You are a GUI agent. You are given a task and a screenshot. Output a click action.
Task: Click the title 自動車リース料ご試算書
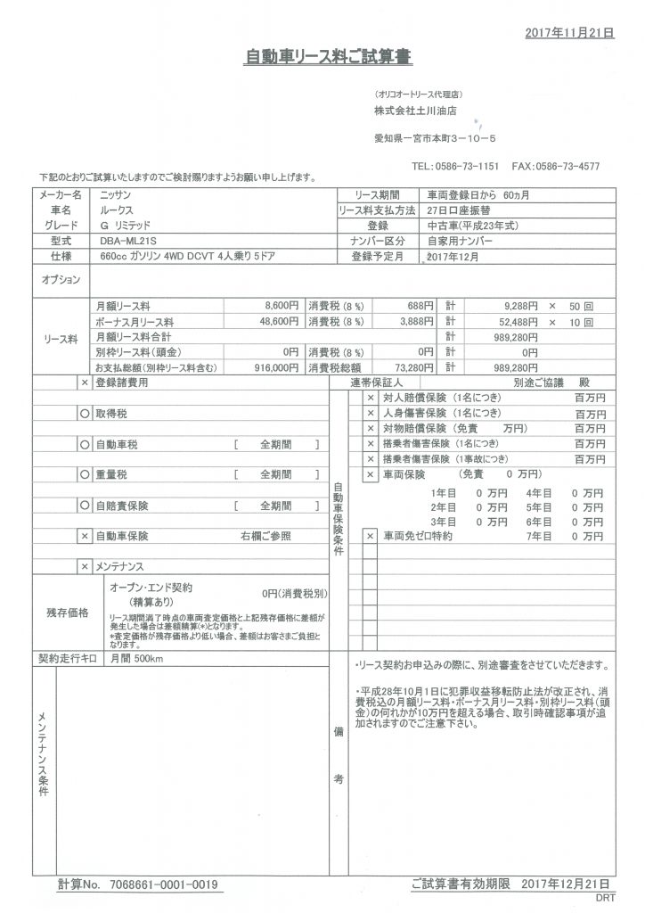click(x=329, y=57)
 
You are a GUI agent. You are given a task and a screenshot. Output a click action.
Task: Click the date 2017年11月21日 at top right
click(x=569, y=32)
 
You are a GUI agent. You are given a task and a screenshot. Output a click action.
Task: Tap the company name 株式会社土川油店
click(x=416, y=112)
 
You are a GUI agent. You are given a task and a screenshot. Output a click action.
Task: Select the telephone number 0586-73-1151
click(x=468, y=167)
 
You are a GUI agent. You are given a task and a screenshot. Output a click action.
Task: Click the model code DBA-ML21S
click(x=126, y=241)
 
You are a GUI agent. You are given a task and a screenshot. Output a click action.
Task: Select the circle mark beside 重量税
click(x=84, y=474)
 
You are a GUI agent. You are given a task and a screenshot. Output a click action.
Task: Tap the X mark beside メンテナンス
click(x=84, y=566)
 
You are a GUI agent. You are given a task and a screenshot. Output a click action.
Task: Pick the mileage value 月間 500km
click(x=136, y=659)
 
